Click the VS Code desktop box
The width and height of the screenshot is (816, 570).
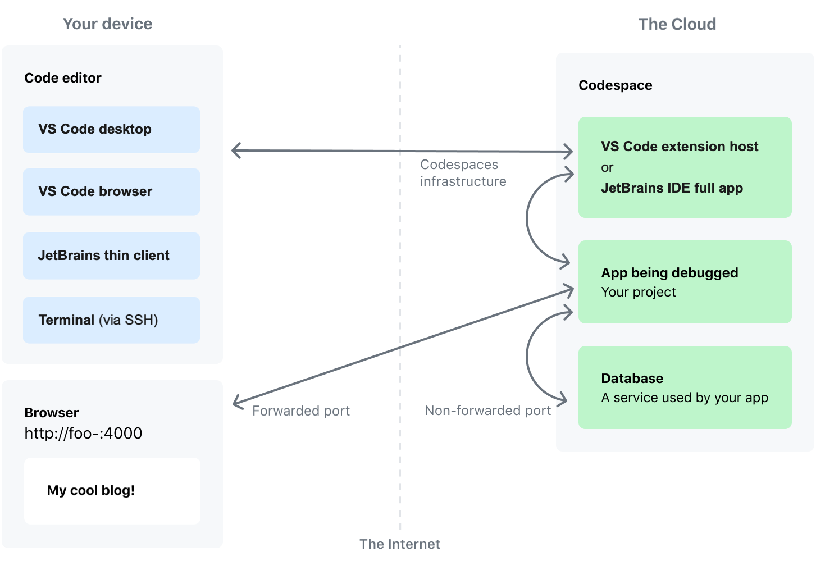pyautogui.click(x=111, y=129)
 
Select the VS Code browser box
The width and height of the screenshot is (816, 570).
pyautogui.click(x=111, y=191)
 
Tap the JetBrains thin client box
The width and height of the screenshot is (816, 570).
pyautogui.click(x=111, y=256)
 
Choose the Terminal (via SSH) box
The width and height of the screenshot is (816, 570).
pyautogui.click(x=111, y=320)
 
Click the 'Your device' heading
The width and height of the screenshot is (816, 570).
pyautogui.click(x=107, y=24)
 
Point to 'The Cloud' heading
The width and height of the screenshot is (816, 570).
pyautogui.click(x=677, y=24)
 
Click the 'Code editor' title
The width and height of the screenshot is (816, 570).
pyautogui.click(x=63, y=78)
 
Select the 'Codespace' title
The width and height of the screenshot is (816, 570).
pyautogui.click(x=615, y=85)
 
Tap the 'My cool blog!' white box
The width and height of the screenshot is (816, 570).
pyautogui.click(x=112, y=490)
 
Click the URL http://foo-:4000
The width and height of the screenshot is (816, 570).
pyautogui.click(x=83, y=433)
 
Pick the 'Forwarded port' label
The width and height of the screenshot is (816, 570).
pyautogui.click(x=301, y=411)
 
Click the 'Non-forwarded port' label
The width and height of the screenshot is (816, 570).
pyautogui.click(x=487, y=411)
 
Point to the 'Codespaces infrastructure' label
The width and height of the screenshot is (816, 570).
pyautogui.click(x=463, y=173)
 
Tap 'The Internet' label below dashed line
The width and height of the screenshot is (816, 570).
pyautogui.click(x=399, y=544)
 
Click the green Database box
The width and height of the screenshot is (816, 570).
pyautogui.click(x=685, y=387)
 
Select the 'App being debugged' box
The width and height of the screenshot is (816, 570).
pyautogui.click(x=685, y=282)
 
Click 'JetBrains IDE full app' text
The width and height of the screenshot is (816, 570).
pyautogui.click(x=672, y=188)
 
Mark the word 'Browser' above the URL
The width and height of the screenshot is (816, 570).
pyautogui.click(x=52, y=413)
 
